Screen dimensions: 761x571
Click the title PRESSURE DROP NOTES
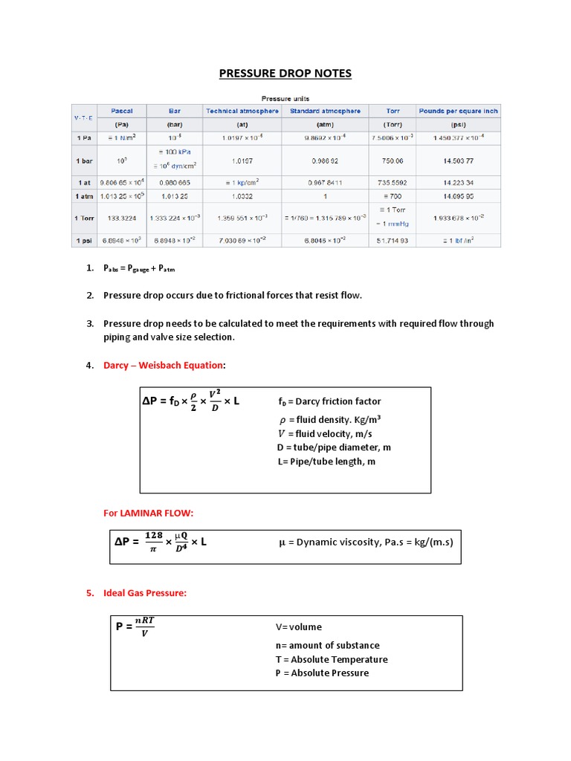pos(285,73)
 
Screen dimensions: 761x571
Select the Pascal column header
pos(121,111)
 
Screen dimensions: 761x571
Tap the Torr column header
pos(393,111)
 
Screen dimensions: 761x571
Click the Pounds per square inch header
pos(458,111)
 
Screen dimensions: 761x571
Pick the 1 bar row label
pos(82,161)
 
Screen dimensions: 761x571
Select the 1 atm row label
pos(82,195)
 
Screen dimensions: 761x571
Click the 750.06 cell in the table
pos(393,161)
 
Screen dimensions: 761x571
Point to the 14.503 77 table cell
pos(458,161)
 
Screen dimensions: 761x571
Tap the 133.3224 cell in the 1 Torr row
pos(121,218)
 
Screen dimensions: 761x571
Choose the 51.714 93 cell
pos(393,241)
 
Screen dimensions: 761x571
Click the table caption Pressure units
pos(285,98)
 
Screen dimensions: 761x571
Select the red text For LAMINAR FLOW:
pos(147,514)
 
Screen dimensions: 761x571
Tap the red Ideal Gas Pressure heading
pos(145,593)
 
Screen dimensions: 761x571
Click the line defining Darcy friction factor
pos(329,402)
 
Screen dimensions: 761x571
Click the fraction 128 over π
pos(153,542)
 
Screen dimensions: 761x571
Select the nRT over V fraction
pos(144,626)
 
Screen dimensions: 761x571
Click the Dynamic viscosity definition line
pos(365,542)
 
